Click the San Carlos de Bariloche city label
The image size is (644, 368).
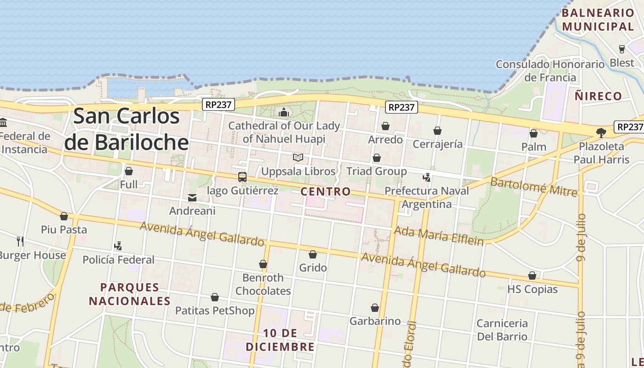pyautogui.click(x=126, y=129)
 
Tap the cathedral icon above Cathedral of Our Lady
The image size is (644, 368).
pyautogui.click(x=284, y=112)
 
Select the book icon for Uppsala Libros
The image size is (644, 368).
pyautogui.click(x=298, y=158)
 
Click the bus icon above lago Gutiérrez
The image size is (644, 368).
pyautogui.click(x=242, y=177)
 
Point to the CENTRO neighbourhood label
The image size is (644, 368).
pyautogui.click(x=326, y=191)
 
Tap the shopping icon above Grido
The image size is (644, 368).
pyautogui.click(x=313, y=254)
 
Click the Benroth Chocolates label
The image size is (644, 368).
pyautogui.click(x=263, y=284)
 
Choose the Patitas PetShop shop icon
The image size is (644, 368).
pyautogui.click(x=215, y=297)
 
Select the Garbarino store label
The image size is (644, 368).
pyautogui.click(x=375, y=321)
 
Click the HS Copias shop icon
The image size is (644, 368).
pyautogui.click(x=532, y=276)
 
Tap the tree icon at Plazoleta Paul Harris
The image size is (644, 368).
pyautogui.click(x=601, y=133)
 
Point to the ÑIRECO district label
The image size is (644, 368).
pyautogui.click(x=598, y=96)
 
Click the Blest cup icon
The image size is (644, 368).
pyautogui.click(x=622, y=49)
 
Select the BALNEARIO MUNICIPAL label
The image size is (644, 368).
pyautogui.click(x=598, y=20)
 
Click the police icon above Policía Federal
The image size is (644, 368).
pyautogui.click(x=118, y=246)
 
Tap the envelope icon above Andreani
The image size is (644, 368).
pyautogui.click(x=192, y=198)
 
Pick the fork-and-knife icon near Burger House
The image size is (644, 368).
pyautogui.click(x=20, y=241)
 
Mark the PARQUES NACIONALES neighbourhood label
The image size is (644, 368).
pyautogui.click(x=130, y=294)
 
